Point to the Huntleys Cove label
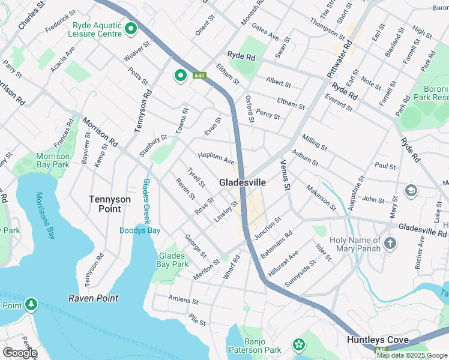pyautogui.click(x=378, y=340)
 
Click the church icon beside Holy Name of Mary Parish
pyautogui.click(x=390, y=243)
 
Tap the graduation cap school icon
pyautogui.click(x=411, y=191)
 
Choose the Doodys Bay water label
pyautogui.click(x=139, y=230)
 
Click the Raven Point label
pyautogui.click(x=93, y=298)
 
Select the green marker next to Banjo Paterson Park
pyautogui.click(x=298, y=345)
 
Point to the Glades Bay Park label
pyautogui.click(x=172, y=260)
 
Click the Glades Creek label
pyautogui.click(x=145, y=202)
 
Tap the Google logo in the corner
pyautogui.click(x=19, y=353)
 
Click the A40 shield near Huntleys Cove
pyautogui.click(x=381, y=350)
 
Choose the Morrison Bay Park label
pyautogui.click(x=53, y=160)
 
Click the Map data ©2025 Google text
pyautogui.click(x=412, y=355)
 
